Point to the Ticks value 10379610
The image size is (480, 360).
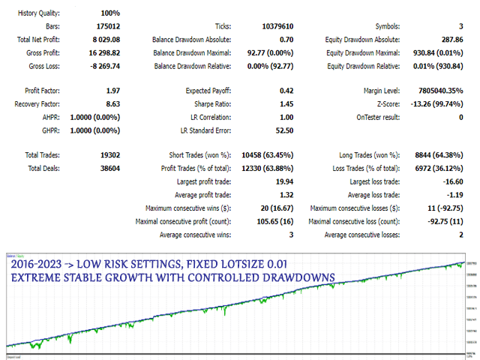[x=277, y=26]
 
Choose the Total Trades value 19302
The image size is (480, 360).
[x=109, y=156]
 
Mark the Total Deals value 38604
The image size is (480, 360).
[x=109, y=169]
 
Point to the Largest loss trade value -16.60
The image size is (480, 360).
[x=451, y=182]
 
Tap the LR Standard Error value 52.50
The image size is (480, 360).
[x=283, y=130]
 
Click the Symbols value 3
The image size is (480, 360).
[x=460, y=26]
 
